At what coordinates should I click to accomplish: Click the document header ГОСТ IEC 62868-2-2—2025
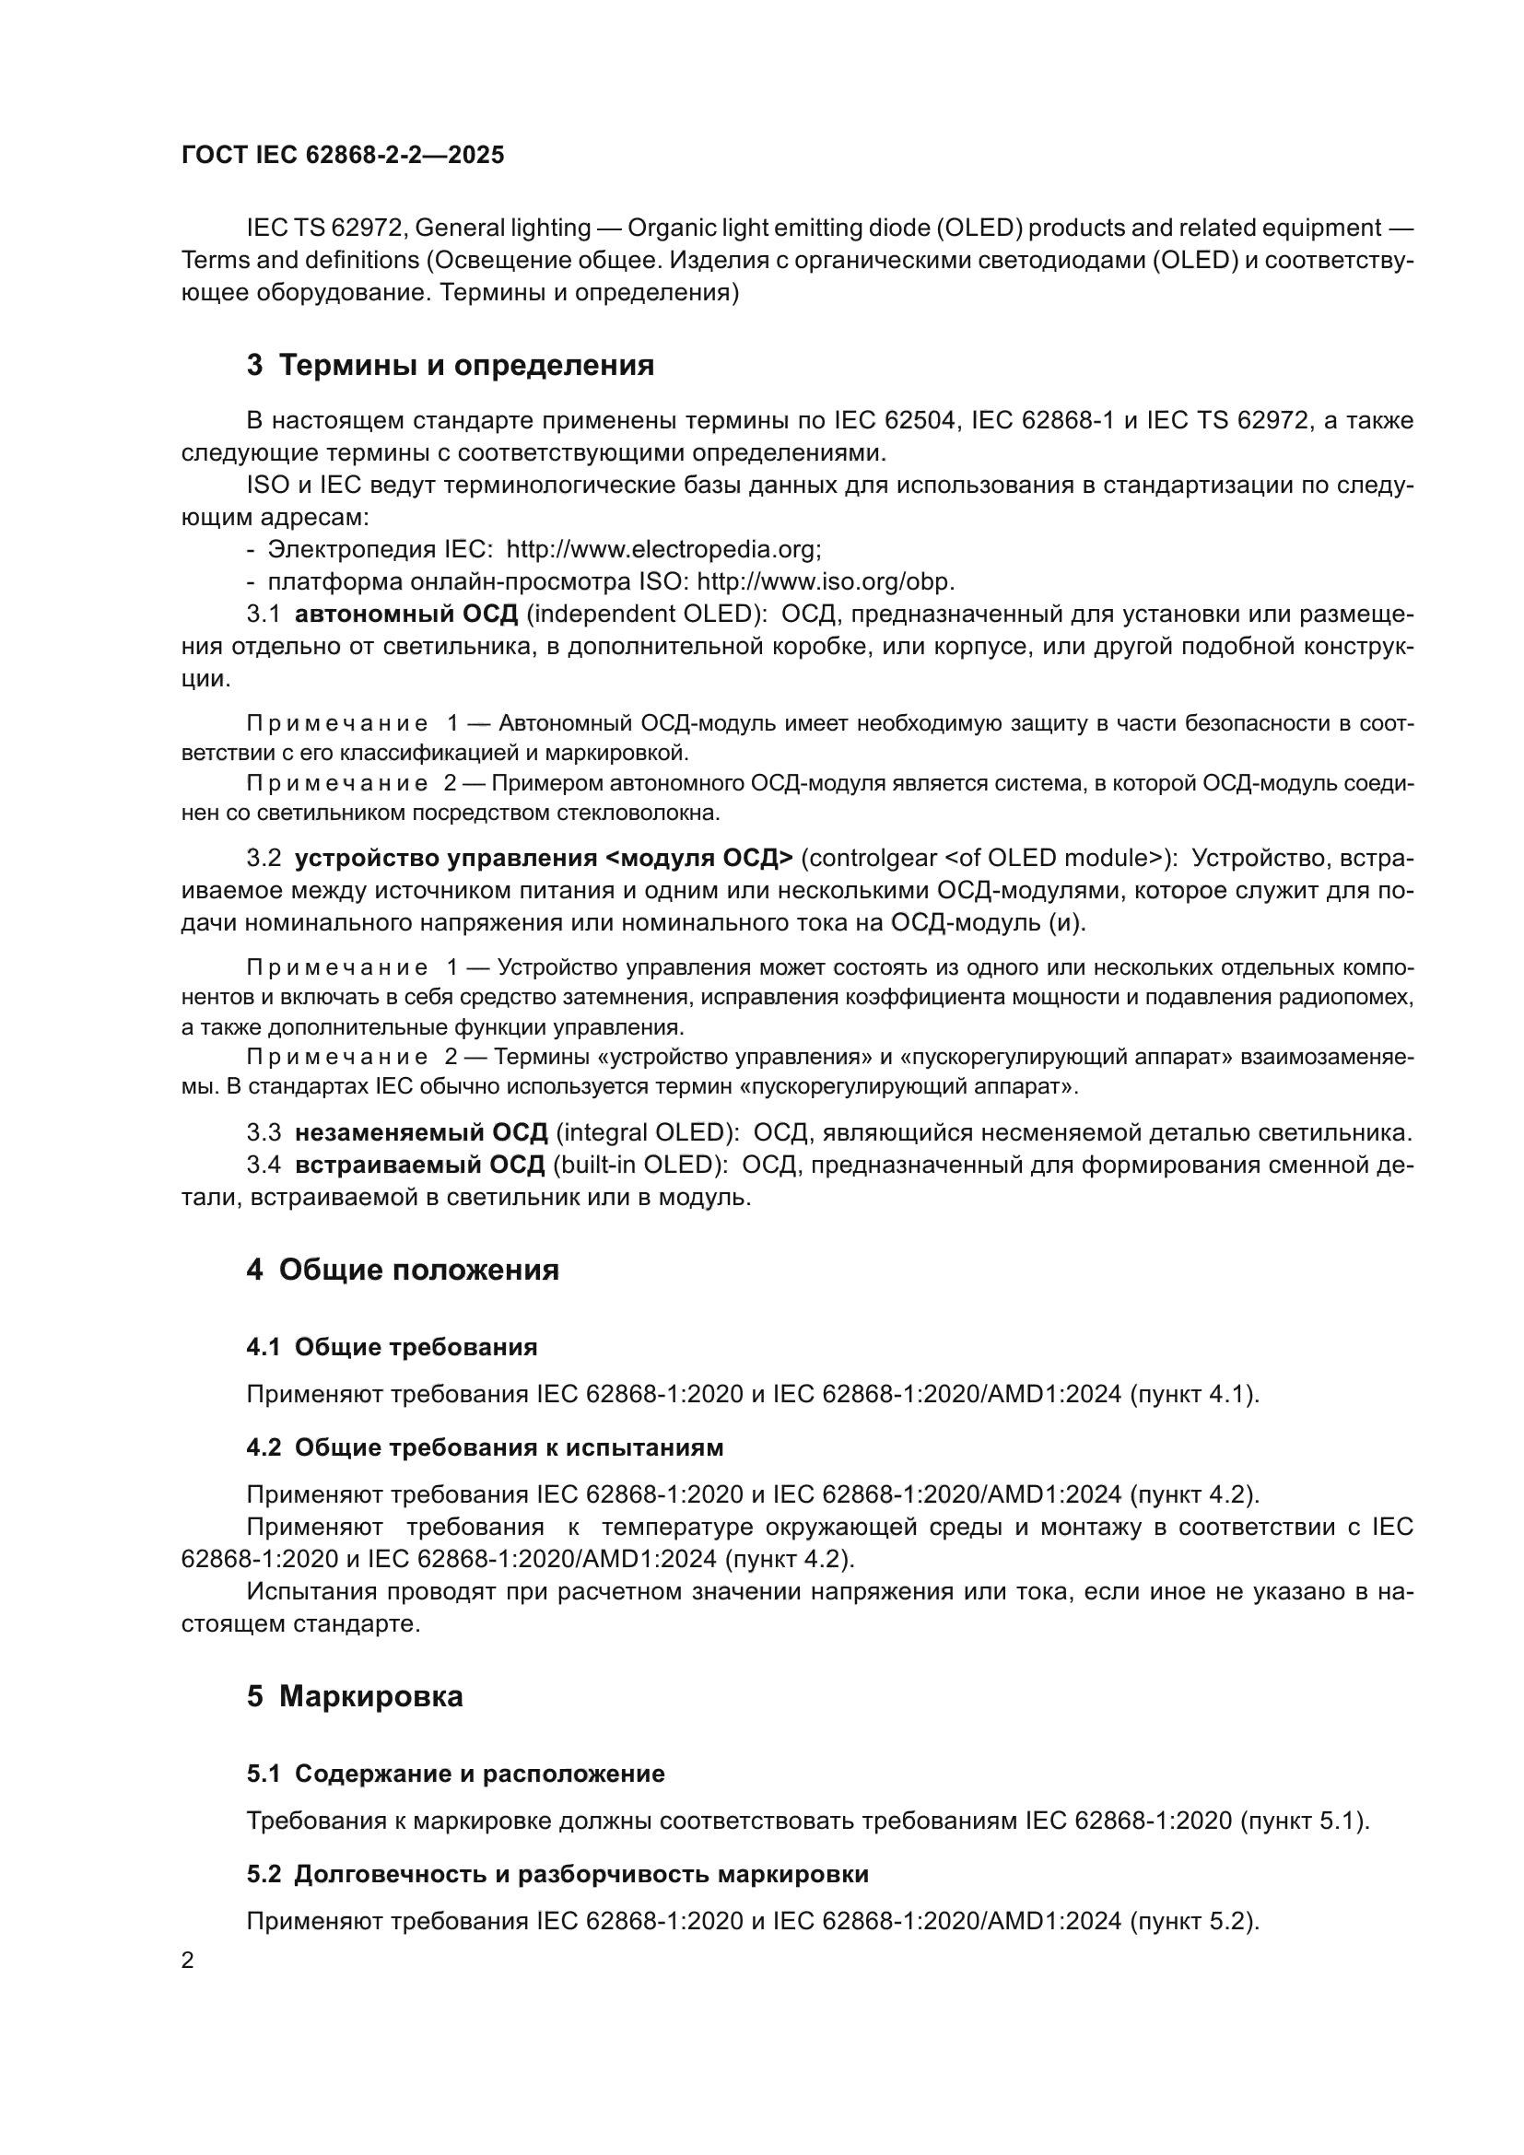point(343,155)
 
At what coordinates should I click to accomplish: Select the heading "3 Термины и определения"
point(451,365)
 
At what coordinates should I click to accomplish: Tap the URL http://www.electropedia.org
point(663,549)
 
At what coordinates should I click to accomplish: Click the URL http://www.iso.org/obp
point(825,582)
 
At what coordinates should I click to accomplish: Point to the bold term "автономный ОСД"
point(406,615)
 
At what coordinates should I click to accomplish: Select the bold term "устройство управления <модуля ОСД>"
point(545,858)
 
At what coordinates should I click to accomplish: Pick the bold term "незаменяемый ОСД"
point(421,1133)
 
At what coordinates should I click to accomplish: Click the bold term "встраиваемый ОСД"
point(419,1165)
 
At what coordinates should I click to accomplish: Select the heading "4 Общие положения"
point(403,1270)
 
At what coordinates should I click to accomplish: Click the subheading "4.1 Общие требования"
point(392,1347)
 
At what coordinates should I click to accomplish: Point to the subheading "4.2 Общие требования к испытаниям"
point(485,1447)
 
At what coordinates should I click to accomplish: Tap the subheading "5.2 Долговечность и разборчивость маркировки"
point(557,1874)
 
